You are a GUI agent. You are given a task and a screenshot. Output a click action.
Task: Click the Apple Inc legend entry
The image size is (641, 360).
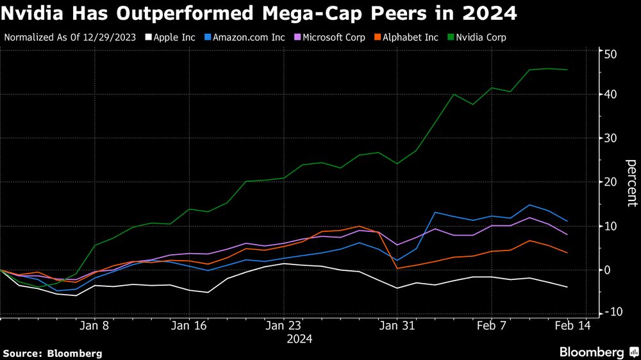(170, 37)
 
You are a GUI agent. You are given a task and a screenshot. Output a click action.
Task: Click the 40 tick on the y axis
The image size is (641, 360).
(610, 94)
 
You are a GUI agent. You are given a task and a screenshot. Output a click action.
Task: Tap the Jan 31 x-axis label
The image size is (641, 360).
(397, 325)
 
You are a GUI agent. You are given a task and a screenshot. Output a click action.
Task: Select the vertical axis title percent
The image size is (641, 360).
(631, 183)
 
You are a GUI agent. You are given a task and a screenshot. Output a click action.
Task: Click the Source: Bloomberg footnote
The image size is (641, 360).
(53, 353)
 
